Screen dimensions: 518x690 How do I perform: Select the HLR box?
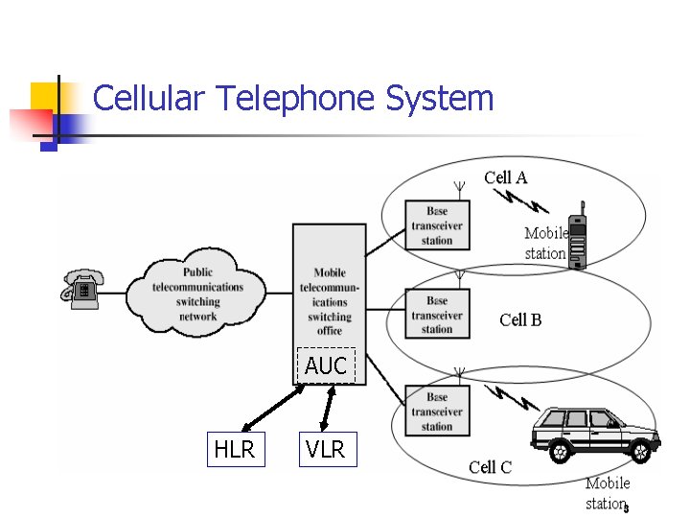pyautogui.click(x=235, y=449)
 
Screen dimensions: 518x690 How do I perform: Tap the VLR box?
pyautogui.click(x=326, y=449)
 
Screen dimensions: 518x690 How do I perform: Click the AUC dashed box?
pyautogui.click(x=326, y=365)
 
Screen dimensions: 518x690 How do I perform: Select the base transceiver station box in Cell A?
pyautogui.click(x=436, y=225)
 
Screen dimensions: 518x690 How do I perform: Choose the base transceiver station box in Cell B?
pyautogui.click(x=436, y=315)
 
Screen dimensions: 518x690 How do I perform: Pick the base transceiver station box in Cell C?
pyautogui.click(x=436, y=412)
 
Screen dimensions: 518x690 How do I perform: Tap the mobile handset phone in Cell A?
pyautogui.click(x=577, y=239)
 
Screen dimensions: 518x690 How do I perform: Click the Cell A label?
pyautogui.click(x=505, y=177)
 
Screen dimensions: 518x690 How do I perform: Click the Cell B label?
pyautogui.click(x=520, y=319)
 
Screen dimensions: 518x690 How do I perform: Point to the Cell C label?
pyautogui.click(x=490, y=467)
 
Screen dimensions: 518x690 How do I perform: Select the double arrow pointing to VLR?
pyautogui.click(x=327, y=408)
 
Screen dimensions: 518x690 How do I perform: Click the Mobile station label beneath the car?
pyautogui.click(x=607, y=493)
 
